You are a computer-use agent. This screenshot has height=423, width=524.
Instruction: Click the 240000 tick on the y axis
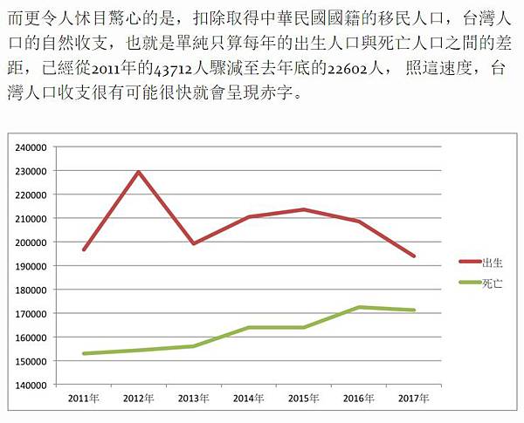[x=32, y=147]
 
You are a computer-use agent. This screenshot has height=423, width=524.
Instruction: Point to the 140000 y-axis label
[x=32, y=385]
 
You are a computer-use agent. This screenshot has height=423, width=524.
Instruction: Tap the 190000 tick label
[x=32, y=266]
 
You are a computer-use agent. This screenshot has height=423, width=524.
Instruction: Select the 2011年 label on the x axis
[x=83, y=399]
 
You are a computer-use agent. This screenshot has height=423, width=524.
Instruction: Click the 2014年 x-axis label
[x=248, y=399]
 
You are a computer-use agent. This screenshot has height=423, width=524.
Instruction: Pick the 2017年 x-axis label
[x=414, y=399]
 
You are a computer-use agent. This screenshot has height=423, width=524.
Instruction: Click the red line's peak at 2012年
[x=138, y=172]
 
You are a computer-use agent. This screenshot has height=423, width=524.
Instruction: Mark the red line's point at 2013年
[x=193, y=243]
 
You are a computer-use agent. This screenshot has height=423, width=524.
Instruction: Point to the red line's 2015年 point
[x=303, y=209]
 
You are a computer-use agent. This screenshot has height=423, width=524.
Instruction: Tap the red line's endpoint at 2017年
[x=414, y=256]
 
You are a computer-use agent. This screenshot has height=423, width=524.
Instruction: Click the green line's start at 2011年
[x=83, y=353]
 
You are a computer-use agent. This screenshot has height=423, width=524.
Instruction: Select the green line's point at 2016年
[x=359, y=307]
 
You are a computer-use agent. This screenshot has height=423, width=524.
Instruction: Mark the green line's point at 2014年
[x=248, y=328]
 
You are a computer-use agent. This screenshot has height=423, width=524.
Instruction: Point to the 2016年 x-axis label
[x=359, y=399]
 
